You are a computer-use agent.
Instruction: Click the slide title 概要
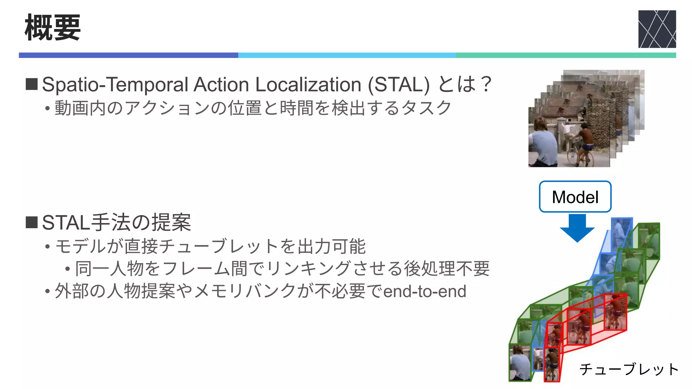point(53,28)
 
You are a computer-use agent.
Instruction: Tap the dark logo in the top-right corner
point(657,29)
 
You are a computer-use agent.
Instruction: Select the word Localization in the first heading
point(308,84)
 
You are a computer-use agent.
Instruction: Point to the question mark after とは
point(486,84)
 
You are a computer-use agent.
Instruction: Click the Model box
point(575,197)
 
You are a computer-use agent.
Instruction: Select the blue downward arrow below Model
point(577,228)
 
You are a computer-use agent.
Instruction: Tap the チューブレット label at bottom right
point(629,369)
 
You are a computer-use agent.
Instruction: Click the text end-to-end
point(425,291)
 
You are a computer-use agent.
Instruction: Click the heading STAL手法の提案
point(117,223)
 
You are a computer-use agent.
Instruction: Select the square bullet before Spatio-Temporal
point(32,84)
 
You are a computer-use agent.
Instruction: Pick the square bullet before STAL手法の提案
point(32,223)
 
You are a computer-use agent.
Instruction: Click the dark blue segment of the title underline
point(128,55)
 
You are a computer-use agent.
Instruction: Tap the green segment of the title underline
point(566,55)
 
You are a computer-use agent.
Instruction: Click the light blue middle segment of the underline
point(347,55)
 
